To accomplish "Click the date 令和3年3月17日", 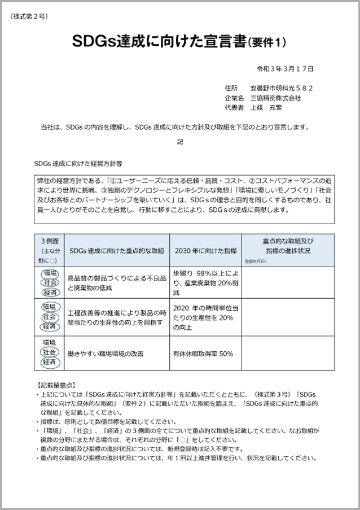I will click(x=285, y=69).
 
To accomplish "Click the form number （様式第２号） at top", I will click(x=28, y=15).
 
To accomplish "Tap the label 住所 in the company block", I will click(x=230, y=88).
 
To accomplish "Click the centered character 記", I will click(x=180, y=142).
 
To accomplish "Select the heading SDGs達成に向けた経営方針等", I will click(x=78, y=162).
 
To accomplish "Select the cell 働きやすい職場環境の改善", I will click(x=105, y=354).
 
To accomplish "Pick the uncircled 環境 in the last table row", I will click(x=50, y=342).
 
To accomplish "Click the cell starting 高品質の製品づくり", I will click(x=116, y=283).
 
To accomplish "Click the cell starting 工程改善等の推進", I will click(x=116, y=317).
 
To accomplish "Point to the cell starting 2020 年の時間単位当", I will click(x=205, y=317).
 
